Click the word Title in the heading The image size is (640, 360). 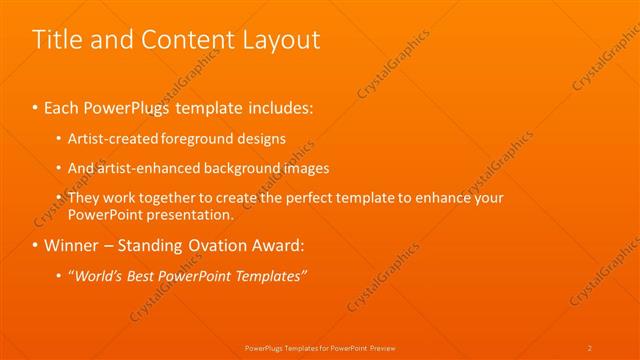pos(55,40)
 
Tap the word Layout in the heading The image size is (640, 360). pos(283,40)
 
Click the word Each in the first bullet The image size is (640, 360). pos(61,105)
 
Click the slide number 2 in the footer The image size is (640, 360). pos(590,347)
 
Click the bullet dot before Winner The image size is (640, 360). pos(36,245)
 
